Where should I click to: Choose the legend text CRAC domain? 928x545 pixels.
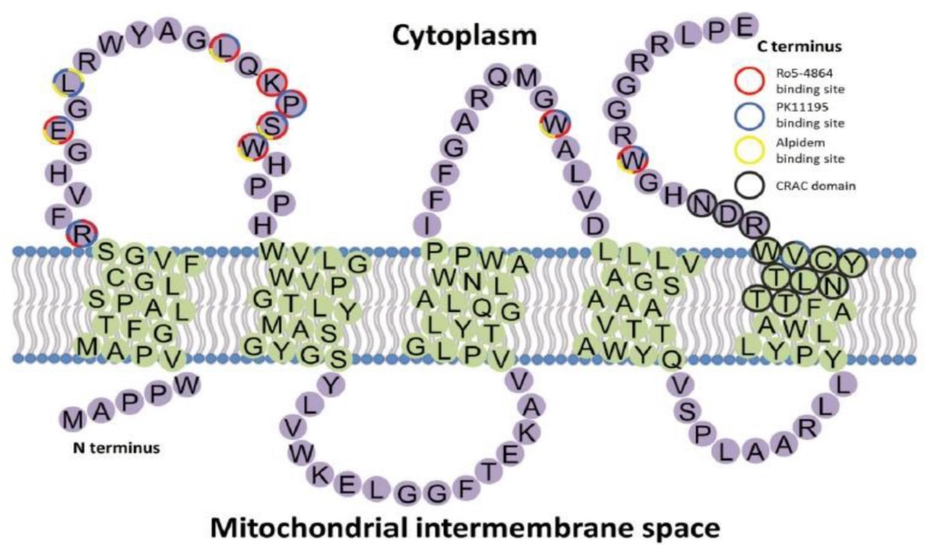(x=816, y=186)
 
